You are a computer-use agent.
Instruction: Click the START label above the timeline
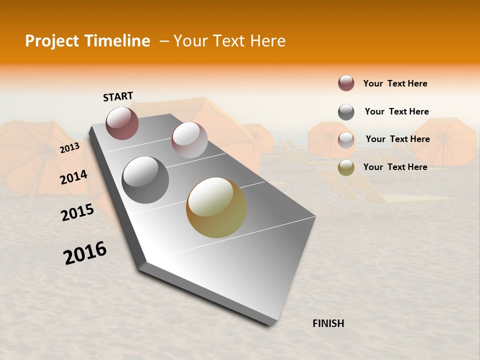118,96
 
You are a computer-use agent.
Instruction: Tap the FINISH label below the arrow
328,323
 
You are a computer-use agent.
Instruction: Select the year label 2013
69,148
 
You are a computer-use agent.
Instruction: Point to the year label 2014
74,177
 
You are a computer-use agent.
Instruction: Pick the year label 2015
77,212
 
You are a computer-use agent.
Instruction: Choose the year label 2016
85,253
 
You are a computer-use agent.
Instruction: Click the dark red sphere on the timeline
122,123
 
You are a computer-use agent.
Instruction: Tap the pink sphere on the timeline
189,140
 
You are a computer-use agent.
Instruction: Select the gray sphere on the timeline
145,180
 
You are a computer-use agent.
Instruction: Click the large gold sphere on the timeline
216,207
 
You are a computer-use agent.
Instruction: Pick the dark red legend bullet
346,83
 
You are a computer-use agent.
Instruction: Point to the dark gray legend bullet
346,112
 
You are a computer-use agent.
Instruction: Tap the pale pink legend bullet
346,139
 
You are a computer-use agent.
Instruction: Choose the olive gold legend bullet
346,167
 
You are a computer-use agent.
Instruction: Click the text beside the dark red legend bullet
395,83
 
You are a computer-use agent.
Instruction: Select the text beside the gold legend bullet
395,167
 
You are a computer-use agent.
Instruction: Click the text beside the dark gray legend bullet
397,111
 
